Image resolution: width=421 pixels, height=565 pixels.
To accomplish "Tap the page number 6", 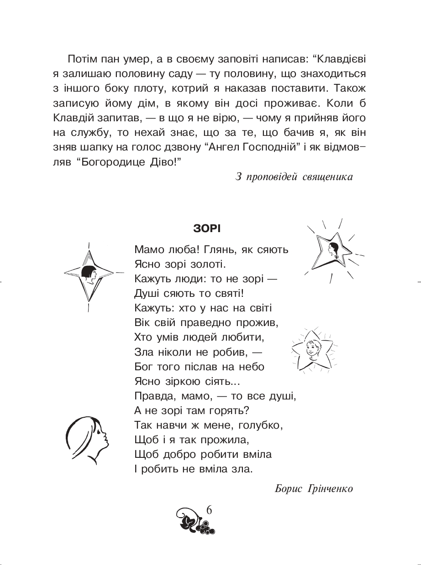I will pyautogui.click(x=209, y=510).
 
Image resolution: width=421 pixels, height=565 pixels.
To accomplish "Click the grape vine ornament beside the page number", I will pyautogui.click(x=194, y=522).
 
